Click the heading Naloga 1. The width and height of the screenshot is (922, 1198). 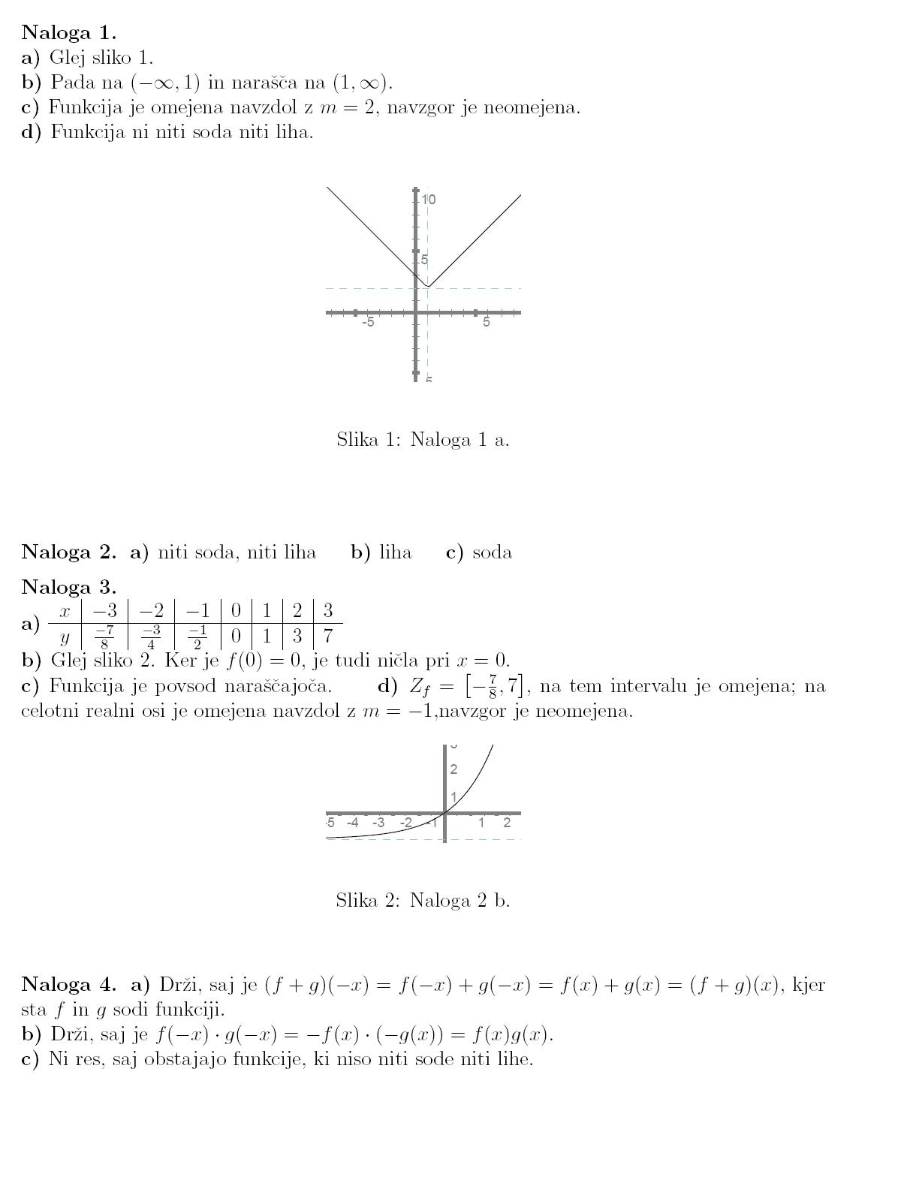(68, 32)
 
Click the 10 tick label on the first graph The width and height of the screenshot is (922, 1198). (429, 200)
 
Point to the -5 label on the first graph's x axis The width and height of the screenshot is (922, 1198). (369, 323)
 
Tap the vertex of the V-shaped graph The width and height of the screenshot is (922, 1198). (427, 286)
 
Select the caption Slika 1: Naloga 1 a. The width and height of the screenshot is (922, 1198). (423, 440)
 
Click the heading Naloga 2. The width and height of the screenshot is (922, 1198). (68, 552)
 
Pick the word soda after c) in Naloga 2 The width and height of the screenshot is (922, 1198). (492, 553)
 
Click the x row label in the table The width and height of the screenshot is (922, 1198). (65, 611)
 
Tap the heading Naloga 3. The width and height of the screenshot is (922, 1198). (68, 586)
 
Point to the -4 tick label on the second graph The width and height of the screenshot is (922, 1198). (352, 823)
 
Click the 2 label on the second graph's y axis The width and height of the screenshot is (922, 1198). (453, 769)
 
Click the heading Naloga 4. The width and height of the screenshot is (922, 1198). (68, 984)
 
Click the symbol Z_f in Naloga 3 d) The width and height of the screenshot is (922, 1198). (420, 687)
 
